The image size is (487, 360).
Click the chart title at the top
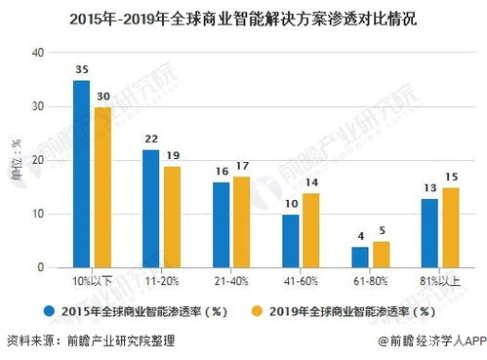243,18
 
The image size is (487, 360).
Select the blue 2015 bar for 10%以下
82,174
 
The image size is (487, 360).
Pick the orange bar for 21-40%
242,221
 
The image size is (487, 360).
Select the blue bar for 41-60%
291,240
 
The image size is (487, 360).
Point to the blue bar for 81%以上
430,232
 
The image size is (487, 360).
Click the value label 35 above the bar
82,70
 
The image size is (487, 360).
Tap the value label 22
151,140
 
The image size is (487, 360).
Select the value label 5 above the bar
383,230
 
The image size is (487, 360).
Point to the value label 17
242,166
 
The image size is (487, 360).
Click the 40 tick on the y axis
39,53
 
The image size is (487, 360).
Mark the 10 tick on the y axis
39,214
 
